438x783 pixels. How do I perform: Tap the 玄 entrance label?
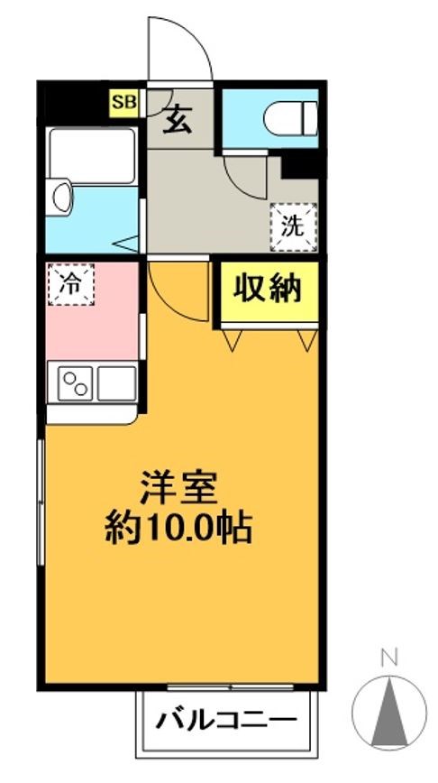(x=178, y=121)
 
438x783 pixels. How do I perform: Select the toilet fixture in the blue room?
(x=294, y=117)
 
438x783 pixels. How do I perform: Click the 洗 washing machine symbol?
(x=293, y=226)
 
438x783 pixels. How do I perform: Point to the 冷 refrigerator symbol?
(x=70, y=283)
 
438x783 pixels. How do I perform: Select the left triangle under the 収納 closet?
(x=233, y=341)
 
